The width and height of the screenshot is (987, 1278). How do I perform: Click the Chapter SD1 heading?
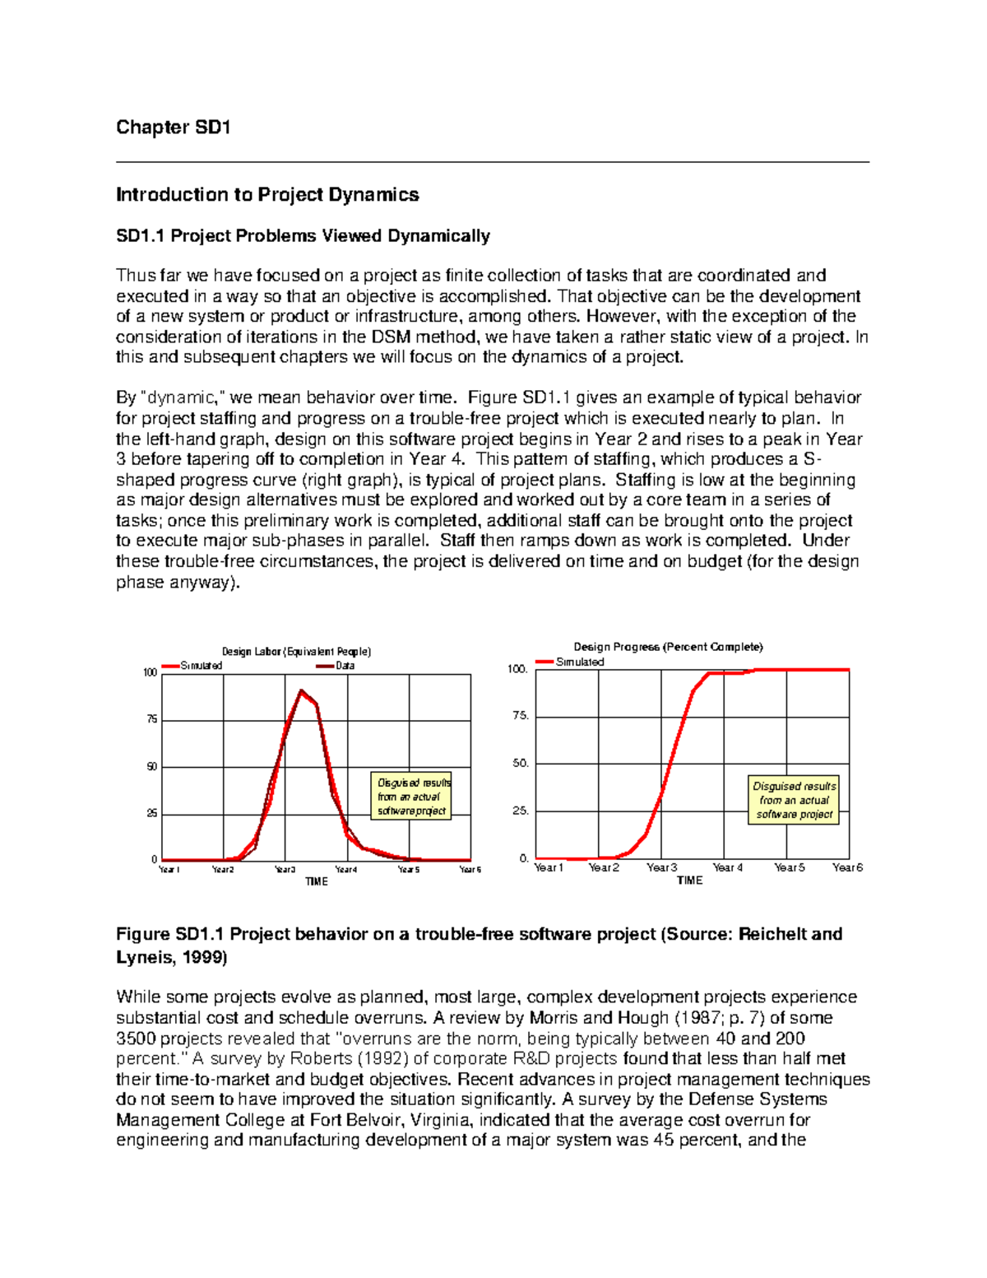click(x=173, y=127)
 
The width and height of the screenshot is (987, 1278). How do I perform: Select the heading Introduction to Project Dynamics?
click(x=267, y=195)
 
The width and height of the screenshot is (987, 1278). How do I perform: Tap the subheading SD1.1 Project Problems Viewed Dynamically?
click(x=303, y=236)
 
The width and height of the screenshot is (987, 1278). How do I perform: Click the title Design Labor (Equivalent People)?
click(x=297, y=652)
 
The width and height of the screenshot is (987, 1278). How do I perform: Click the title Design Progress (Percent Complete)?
click(x=668, y=647)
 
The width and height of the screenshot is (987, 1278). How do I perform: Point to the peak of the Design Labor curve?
click(x=301, y=691)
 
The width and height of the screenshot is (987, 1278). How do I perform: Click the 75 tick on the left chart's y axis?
click(x=151, y=720)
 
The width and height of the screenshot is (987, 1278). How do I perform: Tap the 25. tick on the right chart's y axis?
click(x=520, y=811)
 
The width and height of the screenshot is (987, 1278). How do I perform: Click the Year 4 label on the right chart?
click(x=727, y=867)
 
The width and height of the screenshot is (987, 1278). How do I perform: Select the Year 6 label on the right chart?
click(x=847, y=867)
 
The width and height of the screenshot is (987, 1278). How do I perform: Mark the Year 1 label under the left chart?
click(x=169, y=870)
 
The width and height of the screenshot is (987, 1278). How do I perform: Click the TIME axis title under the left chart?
click(x=317, y=881)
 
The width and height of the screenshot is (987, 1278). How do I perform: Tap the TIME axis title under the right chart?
click(x=689, y=881)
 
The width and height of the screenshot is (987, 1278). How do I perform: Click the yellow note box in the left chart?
click(x=412, y=797)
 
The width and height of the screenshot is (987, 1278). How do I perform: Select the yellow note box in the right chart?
click(x=794, y=800)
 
